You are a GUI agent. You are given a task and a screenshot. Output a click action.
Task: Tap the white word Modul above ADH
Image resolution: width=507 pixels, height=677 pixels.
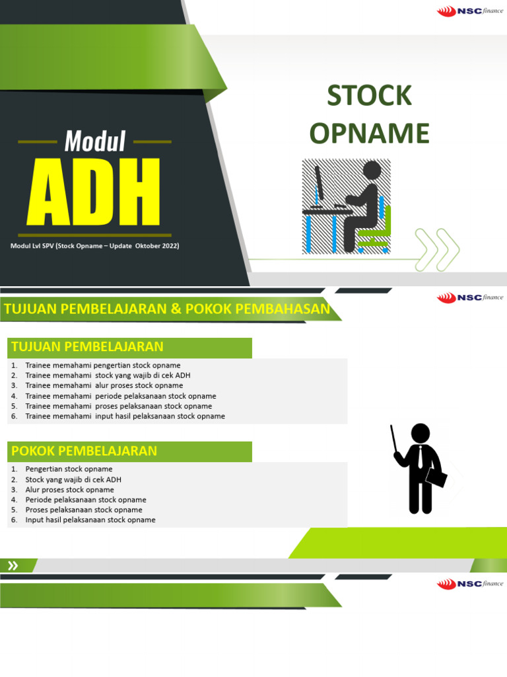click(95, 141)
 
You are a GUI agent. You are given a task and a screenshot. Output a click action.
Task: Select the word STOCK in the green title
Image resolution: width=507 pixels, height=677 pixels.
click(370, 97)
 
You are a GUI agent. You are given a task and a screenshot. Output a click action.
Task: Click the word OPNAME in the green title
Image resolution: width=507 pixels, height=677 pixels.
click(370, 134)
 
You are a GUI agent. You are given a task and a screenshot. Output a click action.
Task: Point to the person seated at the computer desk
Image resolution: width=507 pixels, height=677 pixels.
click(366, 198)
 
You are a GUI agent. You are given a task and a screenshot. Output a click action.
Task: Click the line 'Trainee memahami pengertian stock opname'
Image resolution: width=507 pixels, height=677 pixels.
click(102, 366)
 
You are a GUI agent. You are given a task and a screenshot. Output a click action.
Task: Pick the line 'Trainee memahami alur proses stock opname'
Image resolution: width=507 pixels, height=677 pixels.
click(104, 385)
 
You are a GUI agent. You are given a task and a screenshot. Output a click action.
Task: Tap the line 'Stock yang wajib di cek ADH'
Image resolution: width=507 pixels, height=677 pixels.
click(73, 479)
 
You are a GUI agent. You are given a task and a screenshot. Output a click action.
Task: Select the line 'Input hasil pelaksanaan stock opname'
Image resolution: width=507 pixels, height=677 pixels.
click(90, 520)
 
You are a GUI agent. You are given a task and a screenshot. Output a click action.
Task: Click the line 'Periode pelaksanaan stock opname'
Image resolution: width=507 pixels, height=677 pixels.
click(86, 500)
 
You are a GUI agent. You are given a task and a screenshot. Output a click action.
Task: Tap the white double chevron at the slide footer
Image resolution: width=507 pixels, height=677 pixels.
click(13, 565)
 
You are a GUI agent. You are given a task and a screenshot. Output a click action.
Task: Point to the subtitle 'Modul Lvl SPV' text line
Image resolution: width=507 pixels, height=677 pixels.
click(94, 246)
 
